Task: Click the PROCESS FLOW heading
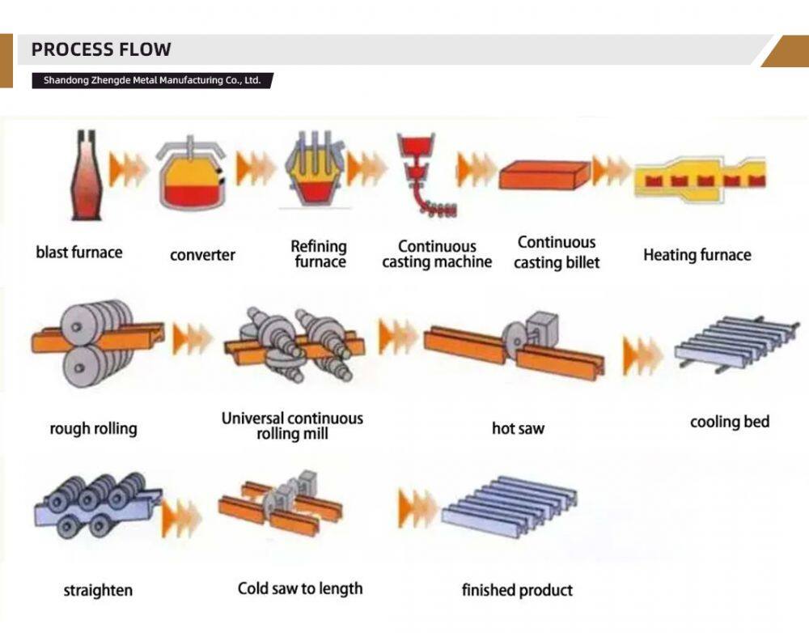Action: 101,49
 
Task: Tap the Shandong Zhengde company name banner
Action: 152,81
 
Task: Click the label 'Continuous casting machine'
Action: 437,254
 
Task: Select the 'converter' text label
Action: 202,256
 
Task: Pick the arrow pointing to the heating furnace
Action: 612,171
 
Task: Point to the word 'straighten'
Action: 98,590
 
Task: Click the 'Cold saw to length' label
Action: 300,588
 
